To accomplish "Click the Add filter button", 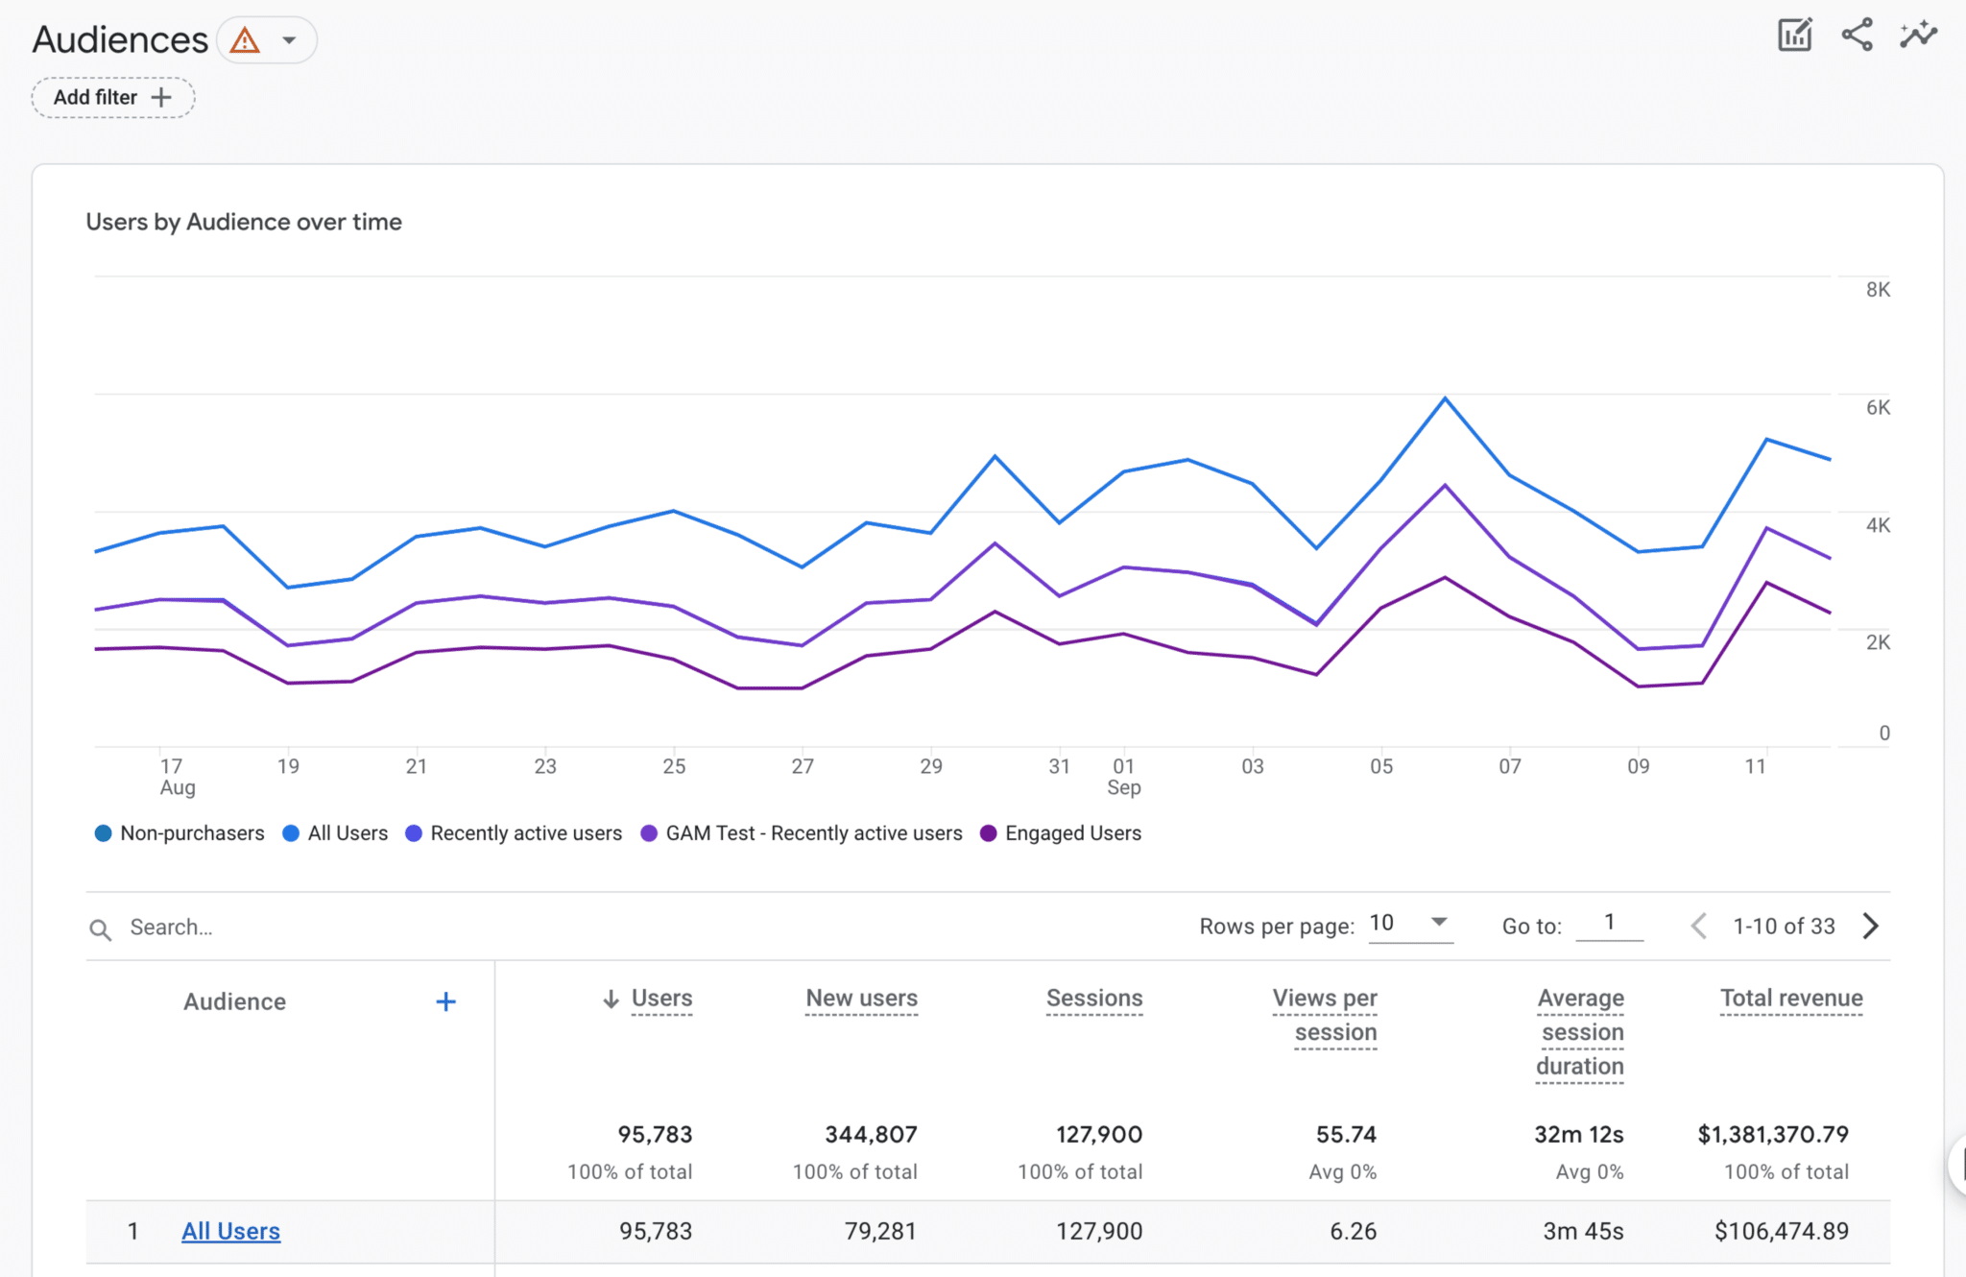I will (112, 98).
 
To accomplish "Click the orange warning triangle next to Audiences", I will (245, 40).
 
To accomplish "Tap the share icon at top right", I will (1857, 36).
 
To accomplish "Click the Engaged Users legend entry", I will (1061, 833).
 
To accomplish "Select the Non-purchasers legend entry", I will (180, 833).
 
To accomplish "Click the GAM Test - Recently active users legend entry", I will (802, 833).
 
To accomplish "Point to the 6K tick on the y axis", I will (1878, 407).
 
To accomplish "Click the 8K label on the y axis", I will (1878, 290).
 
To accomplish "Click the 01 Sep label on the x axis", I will (1124, 776).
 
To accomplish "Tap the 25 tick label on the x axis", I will (674, 766).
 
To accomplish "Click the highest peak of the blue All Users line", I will (1445, 398).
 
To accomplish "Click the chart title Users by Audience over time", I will (244, 222).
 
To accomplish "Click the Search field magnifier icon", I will (100, 928).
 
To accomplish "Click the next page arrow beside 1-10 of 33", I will (1870, 927).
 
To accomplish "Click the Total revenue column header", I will (1790, 999).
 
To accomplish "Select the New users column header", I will (861, 999).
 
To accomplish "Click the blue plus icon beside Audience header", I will (445, 1002).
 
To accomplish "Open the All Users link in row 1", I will (230, 1231).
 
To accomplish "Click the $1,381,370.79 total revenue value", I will (1772, 1134).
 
